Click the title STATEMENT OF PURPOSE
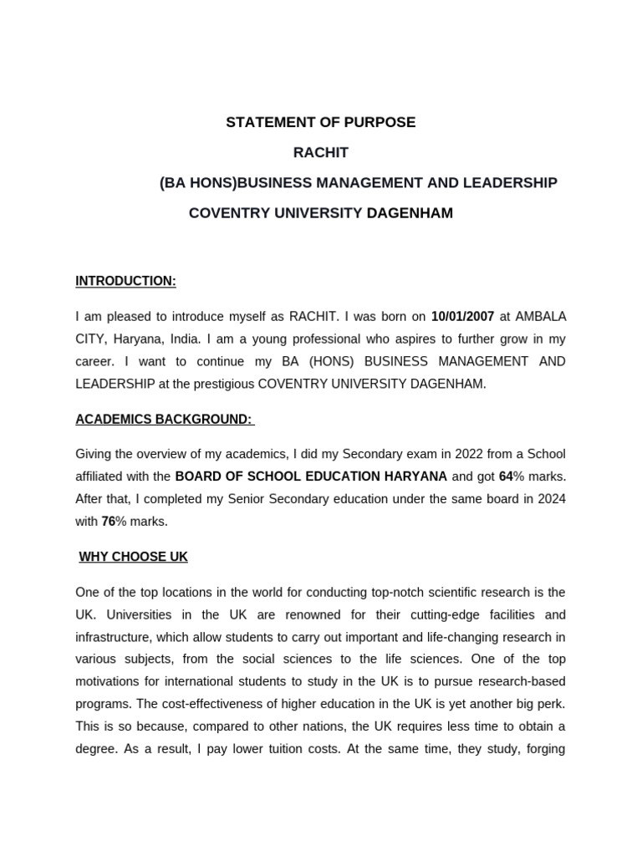click(x=320, y=123)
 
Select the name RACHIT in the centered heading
click(x=320, y=153)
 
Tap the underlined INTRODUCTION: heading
click(x=125, y=282)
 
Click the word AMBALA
click(x=540, y=317)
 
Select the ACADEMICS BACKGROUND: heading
click(x=164, y=420)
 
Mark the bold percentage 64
click(x=505, y=476)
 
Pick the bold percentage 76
click(x=108, y=522)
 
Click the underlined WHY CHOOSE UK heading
click(x=134, y=558)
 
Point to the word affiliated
click(x=102, y=476)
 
